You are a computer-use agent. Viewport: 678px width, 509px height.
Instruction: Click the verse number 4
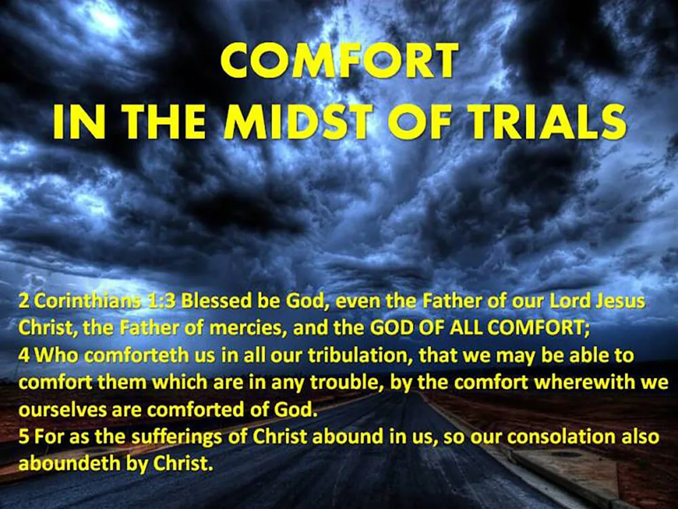click(x=23, y=356)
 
